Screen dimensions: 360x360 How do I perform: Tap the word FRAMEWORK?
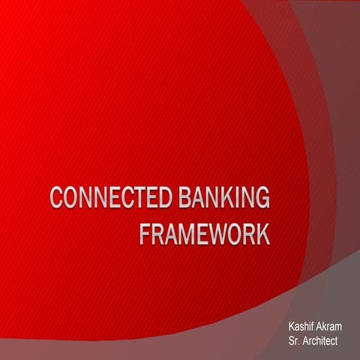click(204, 233)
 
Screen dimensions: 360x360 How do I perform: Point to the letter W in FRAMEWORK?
click(211, 233)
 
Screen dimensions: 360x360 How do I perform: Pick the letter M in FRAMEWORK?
click(180, 233)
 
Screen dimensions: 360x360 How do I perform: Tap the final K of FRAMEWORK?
click(262, 233)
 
